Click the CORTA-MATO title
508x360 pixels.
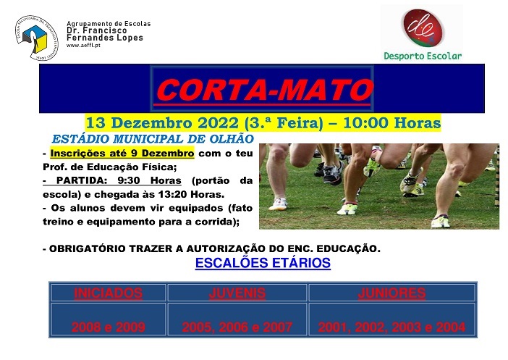[263, 91]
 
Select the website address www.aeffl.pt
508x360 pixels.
[83, 45]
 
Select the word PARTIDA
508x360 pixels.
[80, 181]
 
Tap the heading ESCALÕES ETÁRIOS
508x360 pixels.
[263, 264]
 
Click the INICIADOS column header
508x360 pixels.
[108, 293]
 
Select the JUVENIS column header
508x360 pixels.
[237, 293]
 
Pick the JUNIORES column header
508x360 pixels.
[391, 293]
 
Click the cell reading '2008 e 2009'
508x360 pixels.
[108, 327]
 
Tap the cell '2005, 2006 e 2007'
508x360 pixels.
[237, 327]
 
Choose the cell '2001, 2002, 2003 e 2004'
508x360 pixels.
[391, 327]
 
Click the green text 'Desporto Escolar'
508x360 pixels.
[422, 56]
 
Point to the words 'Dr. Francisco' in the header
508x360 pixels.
[97, 31]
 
